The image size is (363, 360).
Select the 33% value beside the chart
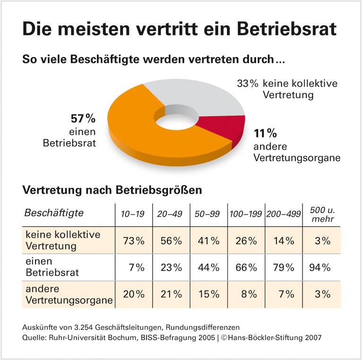[x=247, y=84]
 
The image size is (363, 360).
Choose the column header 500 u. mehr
[x=322, y=214]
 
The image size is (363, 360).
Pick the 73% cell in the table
[x=134, y=240]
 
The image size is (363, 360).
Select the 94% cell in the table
[x=320, y=267]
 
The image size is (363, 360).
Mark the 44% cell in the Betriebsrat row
[x=208, y=267]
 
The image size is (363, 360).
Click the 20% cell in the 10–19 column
[x=134, y=294]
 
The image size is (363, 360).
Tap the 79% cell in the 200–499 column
[x=283, y=267]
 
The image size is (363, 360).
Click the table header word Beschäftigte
[x=54, y=213]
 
